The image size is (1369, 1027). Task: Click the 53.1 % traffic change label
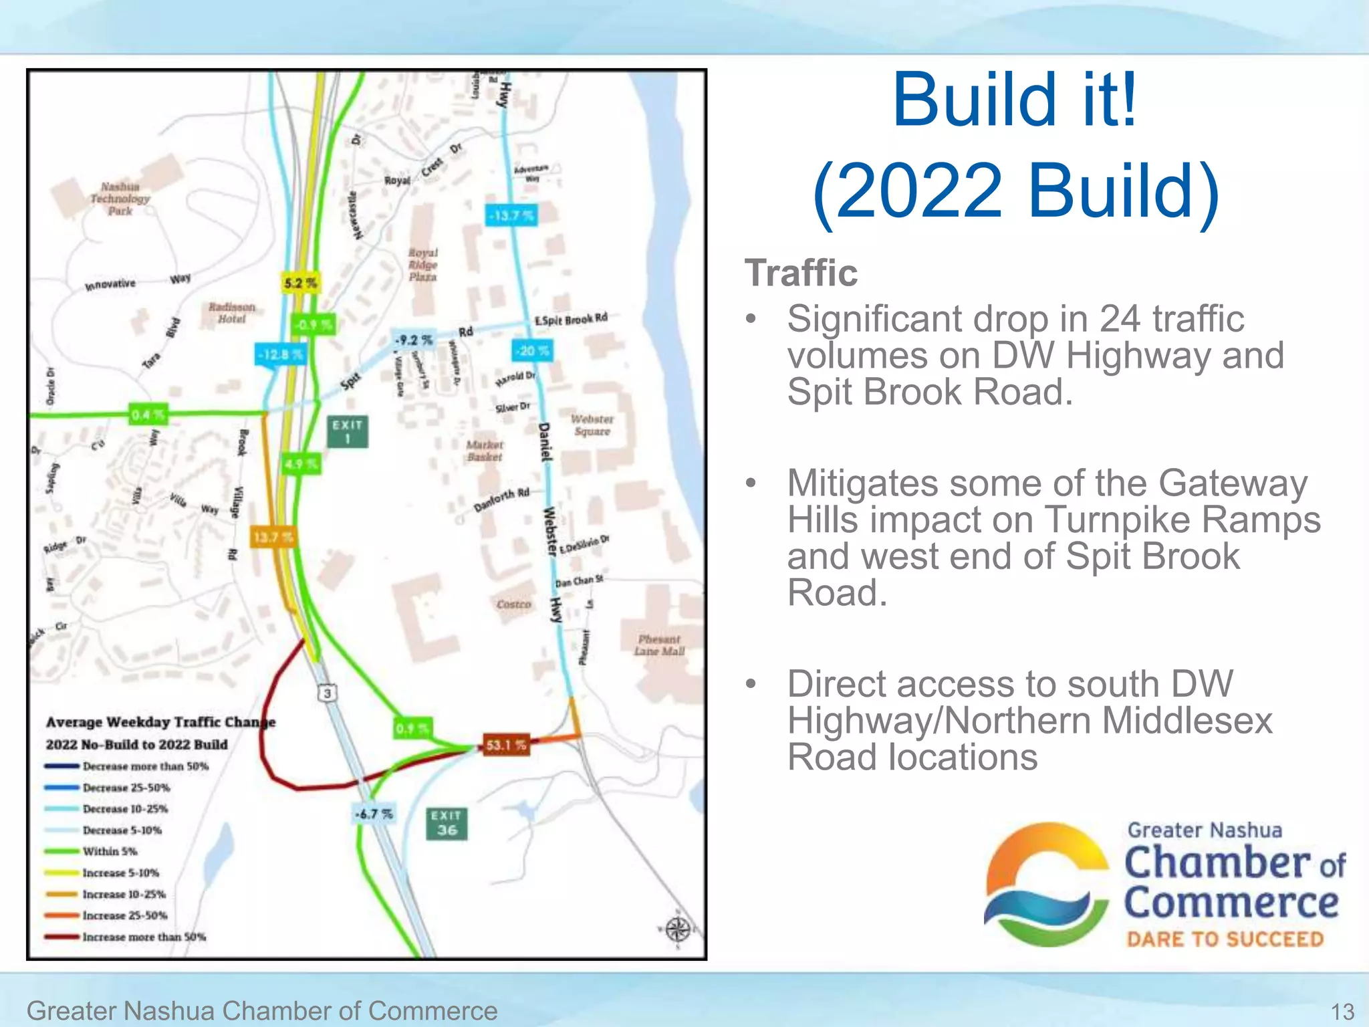[x=506, y=745]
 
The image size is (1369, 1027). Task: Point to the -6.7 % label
[x=374, y=814]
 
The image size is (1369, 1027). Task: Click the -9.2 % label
[x=414, y=340]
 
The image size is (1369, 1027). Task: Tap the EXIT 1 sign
[x=348, y=432]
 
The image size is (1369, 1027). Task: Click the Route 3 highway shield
[x=327, y=693]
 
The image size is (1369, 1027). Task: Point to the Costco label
[x=513, y=604]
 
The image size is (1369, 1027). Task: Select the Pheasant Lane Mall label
[x=659, y=645]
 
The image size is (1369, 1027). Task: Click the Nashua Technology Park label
[x=120, y=199]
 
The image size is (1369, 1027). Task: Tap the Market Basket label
[x=485, y=451]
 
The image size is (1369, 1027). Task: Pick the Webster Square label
[x=592, y=425]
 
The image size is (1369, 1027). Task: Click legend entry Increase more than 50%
[x=144, y=937]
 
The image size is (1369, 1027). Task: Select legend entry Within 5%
[x=110, y=851]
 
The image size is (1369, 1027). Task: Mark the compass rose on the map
[x=677, y=929]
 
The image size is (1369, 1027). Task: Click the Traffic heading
[x=801, y=273]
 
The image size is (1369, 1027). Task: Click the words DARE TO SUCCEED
[x=1225, y=939]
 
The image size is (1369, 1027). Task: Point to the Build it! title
[x=1015, y=100]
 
